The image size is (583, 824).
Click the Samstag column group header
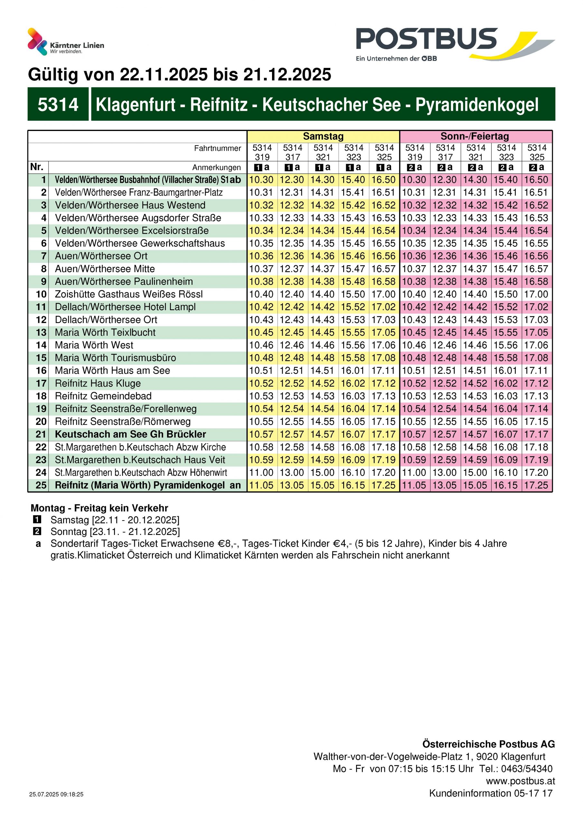[323, 136]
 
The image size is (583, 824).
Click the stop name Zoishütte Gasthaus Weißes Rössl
[128, 294]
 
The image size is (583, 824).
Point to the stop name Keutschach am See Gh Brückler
[130, 434]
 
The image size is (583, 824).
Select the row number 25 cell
[41, 485]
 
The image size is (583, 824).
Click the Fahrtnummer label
[217, 148]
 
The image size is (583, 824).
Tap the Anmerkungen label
[216, 167]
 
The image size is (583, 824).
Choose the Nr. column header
[37, 167]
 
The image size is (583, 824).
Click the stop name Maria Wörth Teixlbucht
[105, 332]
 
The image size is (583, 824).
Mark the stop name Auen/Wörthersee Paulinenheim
[124, 281]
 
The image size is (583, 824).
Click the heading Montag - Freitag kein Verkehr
[99, 508]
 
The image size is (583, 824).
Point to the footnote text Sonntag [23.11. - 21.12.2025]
[115, 531]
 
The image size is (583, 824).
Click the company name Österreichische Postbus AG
[488, 744]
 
